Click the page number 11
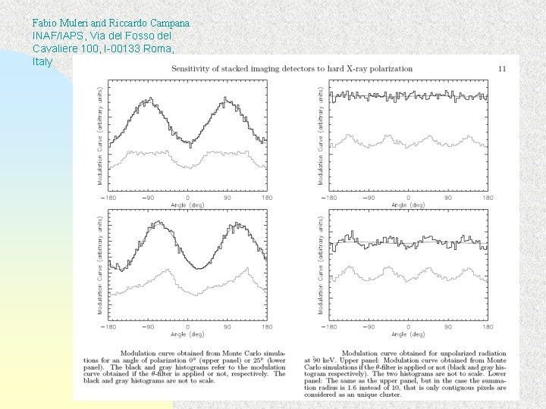pyautogui.click(x=502, y=68)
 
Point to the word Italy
pyautogui.click(x=42, y=61)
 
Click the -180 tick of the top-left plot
pyautogui.click(x=110, y=198)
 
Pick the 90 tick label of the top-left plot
pyautogui.click(x=226, y=198)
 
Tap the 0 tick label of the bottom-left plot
pyautogui.click(x=187, y=327)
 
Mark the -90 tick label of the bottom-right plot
pyautogui.click(x=369, y=327)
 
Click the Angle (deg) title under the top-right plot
pyautogui.click(x=408, y=204)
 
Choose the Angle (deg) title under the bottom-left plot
pyautogui.click(x=187, y=334)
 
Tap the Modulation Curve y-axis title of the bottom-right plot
pyautogui.click(x=320, y=264)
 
